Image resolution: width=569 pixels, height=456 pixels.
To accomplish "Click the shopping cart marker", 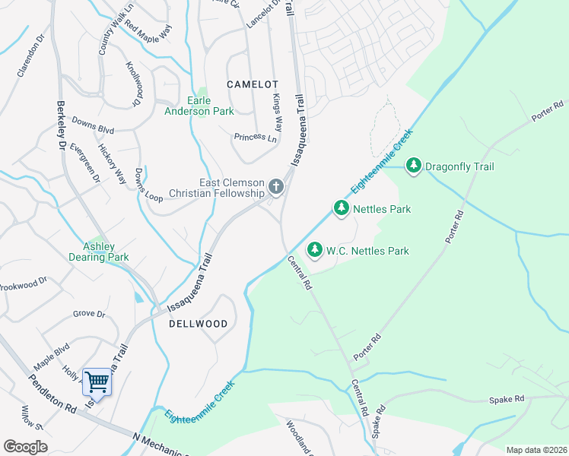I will pyautogui.click(x=97, y=382).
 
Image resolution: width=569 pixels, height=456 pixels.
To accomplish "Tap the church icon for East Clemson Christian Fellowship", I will pyautogui.click(x=275, y=186).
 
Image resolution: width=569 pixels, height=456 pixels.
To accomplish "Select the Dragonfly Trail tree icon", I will pyautogui.click(x=414, y=165).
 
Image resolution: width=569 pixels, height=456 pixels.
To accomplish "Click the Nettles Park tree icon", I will pyautogui.click(x=341, y=207).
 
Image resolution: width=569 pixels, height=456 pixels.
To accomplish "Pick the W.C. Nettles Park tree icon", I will pyautogui.click(x=314, y=250).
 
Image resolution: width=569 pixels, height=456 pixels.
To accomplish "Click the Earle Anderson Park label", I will pyautogui.click(x=199, y=106).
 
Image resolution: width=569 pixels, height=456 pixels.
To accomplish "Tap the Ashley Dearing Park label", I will pyautogui.click(x=99, y=252).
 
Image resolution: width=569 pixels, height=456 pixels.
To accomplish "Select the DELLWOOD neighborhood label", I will pyautogui.click(x=199, y=324).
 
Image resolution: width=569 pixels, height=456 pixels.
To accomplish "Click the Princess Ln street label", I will pyautogui.click(x=255, y=138).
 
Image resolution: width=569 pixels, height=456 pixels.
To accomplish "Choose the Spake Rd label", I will pyautogui.click(x=507, y=399).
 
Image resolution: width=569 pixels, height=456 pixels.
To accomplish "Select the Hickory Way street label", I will pyautogui.click(x=112, y=164).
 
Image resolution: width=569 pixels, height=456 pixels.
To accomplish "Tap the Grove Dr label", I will pyautogui.click(x=89, y=313).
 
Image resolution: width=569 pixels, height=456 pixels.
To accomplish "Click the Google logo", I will pyautogui.click(x=25, y=447).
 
